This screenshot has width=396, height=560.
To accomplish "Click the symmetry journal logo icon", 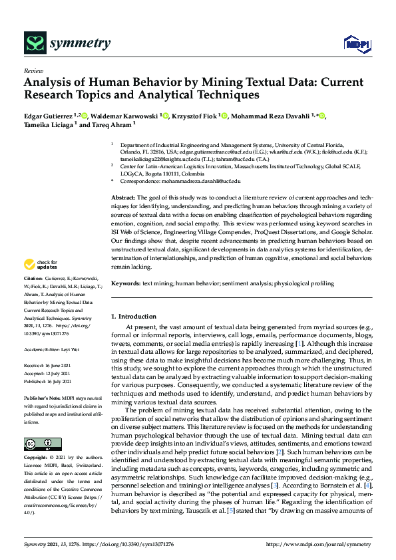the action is [x=33, y=44].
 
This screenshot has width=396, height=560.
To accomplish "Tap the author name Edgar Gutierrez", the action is [x=50, y=117].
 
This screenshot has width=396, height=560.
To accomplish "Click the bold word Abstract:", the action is [x=122, y=198].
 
